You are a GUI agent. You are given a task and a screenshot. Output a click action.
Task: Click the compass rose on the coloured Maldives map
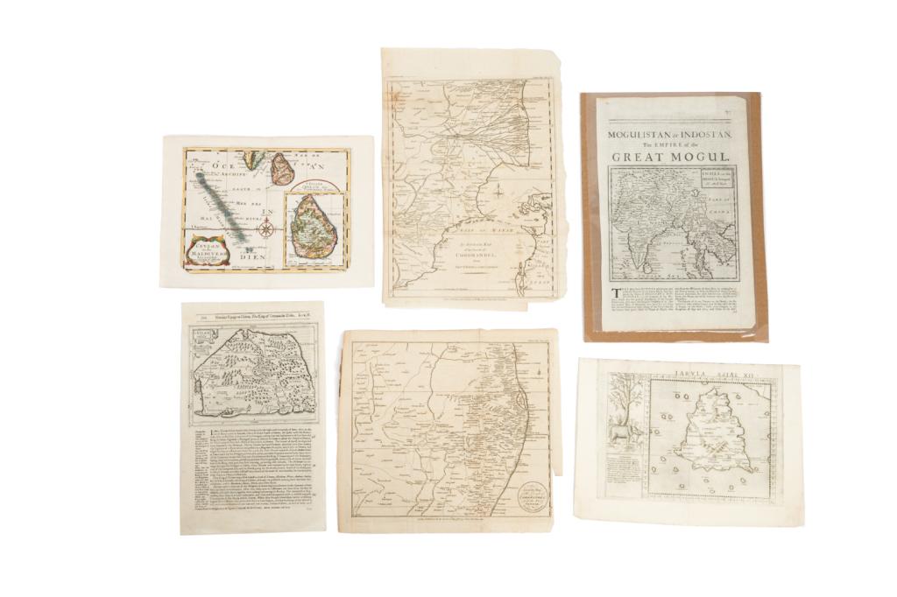pos(268,230)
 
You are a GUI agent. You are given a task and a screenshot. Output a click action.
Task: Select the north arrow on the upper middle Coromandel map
pos(498,191)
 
